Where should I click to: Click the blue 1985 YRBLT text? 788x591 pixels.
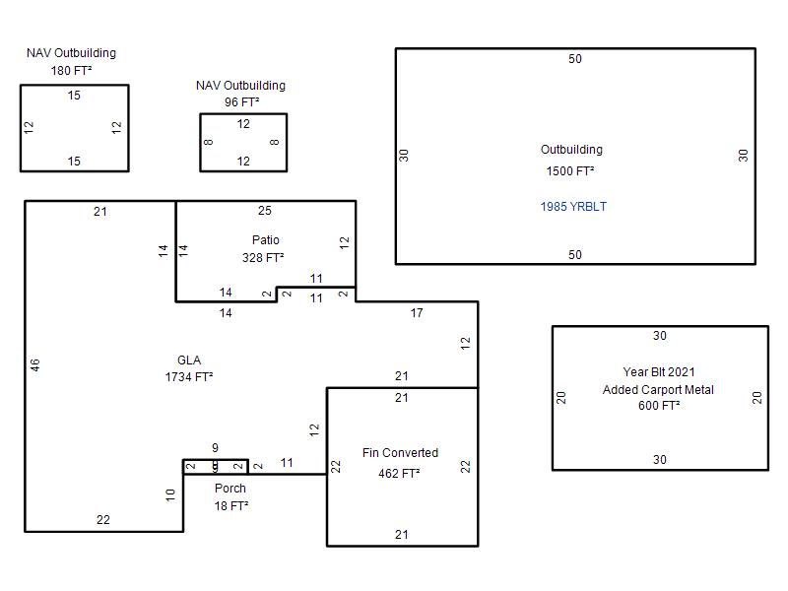click(x=573, y=207)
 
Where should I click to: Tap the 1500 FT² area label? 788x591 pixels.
click(x=570, y=170)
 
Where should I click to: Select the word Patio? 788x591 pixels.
click(x=266, y=239)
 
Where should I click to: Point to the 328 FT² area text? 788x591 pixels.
click(x=263, y=258)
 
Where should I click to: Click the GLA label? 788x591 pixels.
click(x=189, y=360)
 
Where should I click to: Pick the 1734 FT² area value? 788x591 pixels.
click(x=189, y=377)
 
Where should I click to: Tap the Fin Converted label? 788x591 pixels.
click(x=400, y=453)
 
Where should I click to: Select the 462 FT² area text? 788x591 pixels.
click(x=399, y=474)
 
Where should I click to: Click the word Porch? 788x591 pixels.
click(x=230, y=488)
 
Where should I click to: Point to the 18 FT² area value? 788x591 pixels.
click(x=231, y=506)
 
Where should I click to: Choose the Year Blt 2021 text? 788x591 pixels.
click(x=659, y=372)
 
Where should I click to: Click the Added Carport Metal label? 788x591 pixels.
click(x=658, y=389)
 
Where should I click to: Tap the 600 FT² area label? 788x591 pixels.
click(x=659, y=406)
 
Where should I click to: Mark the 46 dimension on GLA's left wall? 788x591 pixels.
click(x=34, y=365)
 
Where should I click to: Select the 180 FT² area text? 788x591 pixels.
click(x=71, y=71)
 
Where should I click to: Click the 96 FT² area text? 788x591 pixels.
click(x=241, y=102)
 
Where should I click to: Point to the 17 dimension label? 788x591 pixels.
click(x=417, y=313)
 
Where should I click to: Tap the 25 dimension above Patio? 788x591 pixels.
click(x=265, y=211)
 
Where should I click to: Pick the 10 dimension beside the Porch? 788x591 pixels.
click(x=170, y=495)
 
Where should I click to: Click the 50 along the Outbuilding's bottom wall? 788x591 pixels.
click(x=575, y=255)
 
